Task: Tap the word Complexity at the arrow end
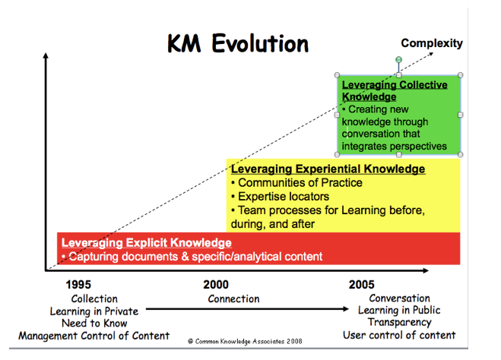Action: coord(431,43)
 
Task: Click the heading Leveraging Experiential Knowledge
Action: coord(328,169)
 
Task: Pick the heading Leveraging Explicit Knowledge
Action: coord(146,242)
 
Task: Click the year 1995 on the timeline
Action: coord(78,285)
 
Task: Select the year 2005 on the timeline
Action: coord(361,285)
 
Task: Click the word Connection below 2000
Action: coord(233,298)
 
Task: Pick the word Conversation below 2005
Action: coord(399,298)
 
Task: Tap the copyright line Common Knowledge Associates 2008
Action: coord(246,342)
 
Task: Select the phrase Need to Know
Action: coord(93,323)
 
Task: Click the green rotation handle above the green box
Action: coord(398,59)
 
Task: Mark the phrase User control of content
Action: coord(400,335)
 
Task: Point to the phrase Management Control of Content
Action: coord(94,335)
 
